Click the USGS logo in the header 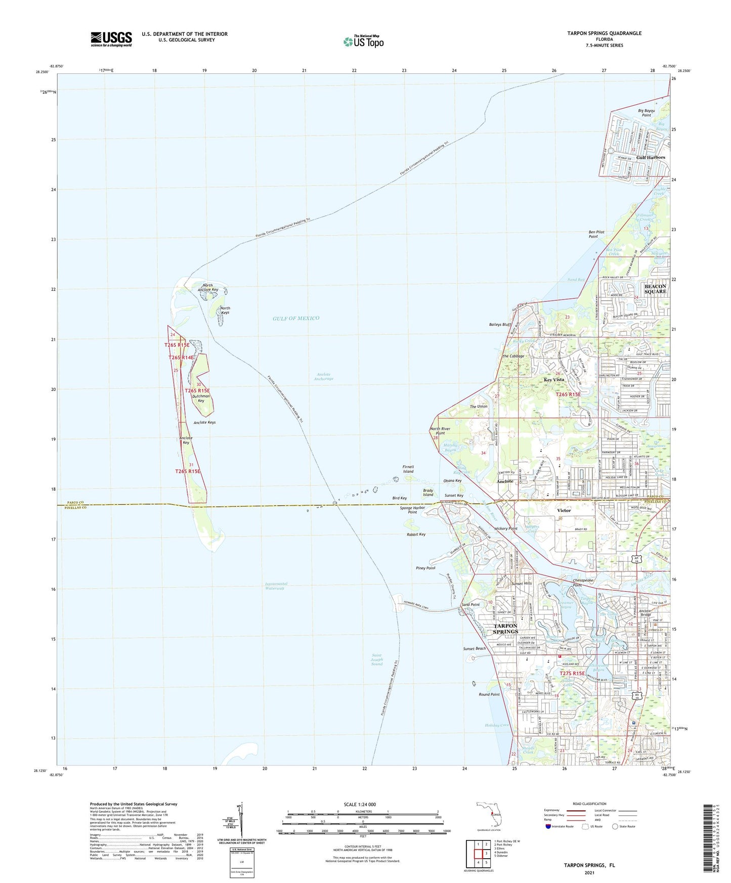pyautogui.click(x=111, y=39)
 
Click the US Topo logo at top pyautogui.click(x=363, y=41)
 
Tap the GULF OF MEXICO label pyautogui.click(x=296, y=318)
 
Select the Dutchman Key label pyautogui.click(x=201, y=398)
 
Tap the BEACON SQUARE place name pyautogui.click(x=655, y=289)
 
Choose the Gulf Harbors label pyautogui.click(x=651, y=157)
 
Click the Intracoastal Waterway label pyautogui.click(x=275, y=586)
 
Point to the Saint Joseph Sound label pyautogui.click(x=377, y=659)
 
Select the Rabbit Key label pyautogui.click(x=416, y=535)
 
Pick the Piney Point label pyautogui.click(x=425, y=568)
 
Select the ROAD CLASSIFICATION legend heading pyautogui.click(x=589, y=804)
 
